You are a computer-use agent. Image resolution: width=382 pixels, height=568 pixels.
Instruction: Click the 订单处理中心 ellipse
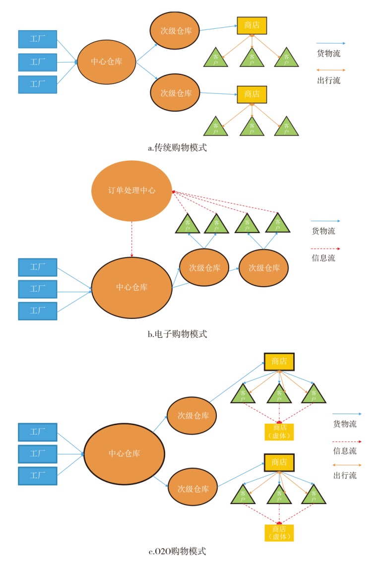(131, 190)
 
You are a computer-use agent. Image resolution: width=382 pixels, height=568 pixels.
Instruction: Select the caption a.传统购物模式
(177, 147)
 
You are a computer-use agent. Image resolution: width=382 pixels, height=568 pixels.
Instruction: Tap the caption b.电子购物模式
(177, 334)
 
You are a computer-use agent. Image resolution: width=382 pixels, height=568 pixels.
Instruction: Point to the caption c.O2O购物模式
(177, 551)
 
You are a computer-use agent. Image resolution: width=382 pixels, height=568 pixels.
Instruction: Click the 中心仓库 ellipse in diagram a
(107, 62)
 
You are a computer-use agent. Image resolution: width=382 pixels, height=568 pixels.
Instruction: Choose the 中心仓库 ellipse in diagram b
(131, 287)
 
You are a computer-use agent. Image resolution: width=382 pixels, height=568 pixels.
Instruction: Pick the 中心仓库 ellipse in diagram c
(124, 453)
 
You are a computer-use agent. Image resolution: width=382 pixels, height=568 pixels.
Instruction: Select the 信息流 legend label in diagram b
(323, 258)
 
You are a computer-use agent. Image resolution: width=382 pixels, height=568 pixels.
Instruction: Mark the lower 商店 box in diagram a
(252, 93)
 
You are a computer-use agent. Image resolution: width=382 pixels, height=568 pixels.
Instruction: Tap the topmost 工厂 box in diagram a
(38, 39)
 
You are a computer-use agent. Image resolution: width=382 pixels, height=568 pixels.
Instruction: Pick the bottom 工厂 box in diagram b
(38, 311)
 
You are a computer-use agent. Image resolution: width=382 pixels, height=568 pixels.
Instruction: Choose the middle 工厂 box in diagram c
(38, 453)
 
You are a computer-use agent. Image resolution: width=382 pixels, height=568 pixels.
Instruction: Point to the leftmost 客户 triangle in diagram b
(188, 224)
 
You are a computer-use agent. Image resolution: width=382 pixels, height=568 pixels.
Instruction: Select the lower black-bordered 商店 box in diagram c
(279, 462)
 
